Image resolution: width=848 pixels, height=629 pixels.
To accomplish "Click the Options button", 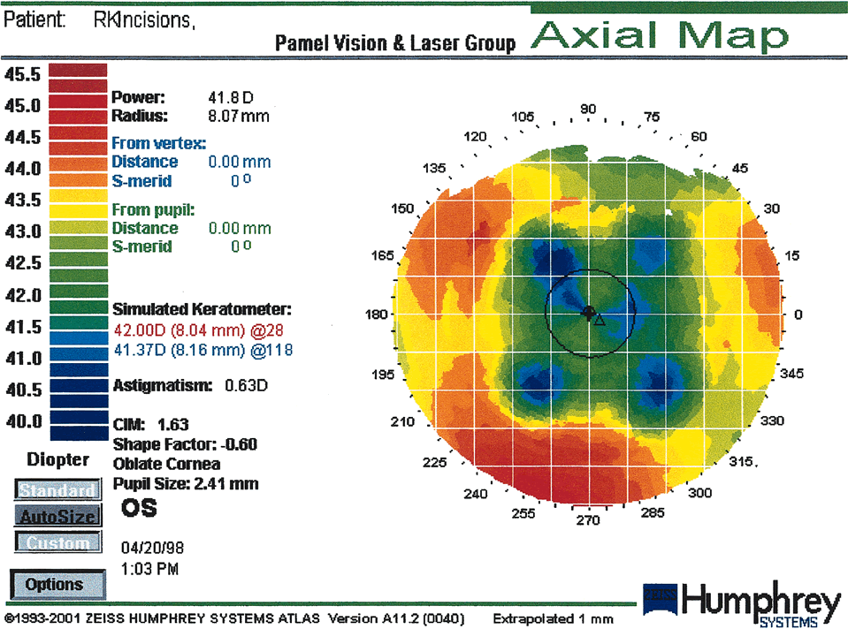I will click(54, 584).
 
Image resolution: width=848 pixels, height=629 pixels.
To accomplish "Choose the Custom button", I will click(54, 543).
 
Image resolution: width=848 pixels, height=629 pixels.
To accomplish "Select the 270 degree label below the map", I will click(588, 519).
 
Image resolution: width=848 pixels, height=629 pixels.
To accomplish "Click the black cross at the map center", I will click(589, 313).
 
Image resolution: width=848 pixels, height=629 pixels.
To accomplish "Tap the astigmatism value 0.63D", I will click(247, 385).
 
